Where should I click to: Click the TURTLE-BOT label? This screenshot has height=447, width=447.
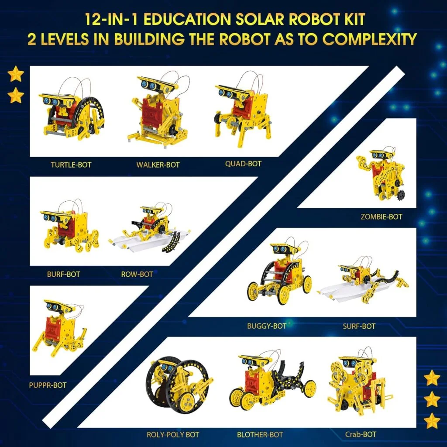[x=71, y=165]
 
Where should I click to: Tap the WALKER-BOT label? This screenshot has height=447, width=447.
[x=158, y=165]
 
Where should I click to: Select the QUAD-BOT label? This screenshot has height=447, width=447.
[x=243, y=164]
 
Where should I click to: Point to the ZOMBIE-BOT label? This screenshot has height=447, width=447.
[x=381, y=216]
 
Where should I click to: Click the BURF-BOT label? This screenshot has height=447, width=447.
[x=64, y=275]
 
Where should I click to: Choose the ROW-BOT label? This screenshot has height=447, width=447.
[x=137, y=275]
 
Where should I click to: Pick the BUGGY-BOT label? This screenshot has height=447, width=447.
[x=266, y=326]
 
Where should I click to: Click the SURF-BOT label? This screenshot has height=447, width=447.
[x=359, y=326]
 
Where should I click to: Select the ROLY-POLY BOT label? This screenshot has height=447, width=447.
[x=173, y=434]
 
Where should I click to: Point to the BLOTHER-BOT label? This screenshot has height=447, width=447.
[x=260, y=434]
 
